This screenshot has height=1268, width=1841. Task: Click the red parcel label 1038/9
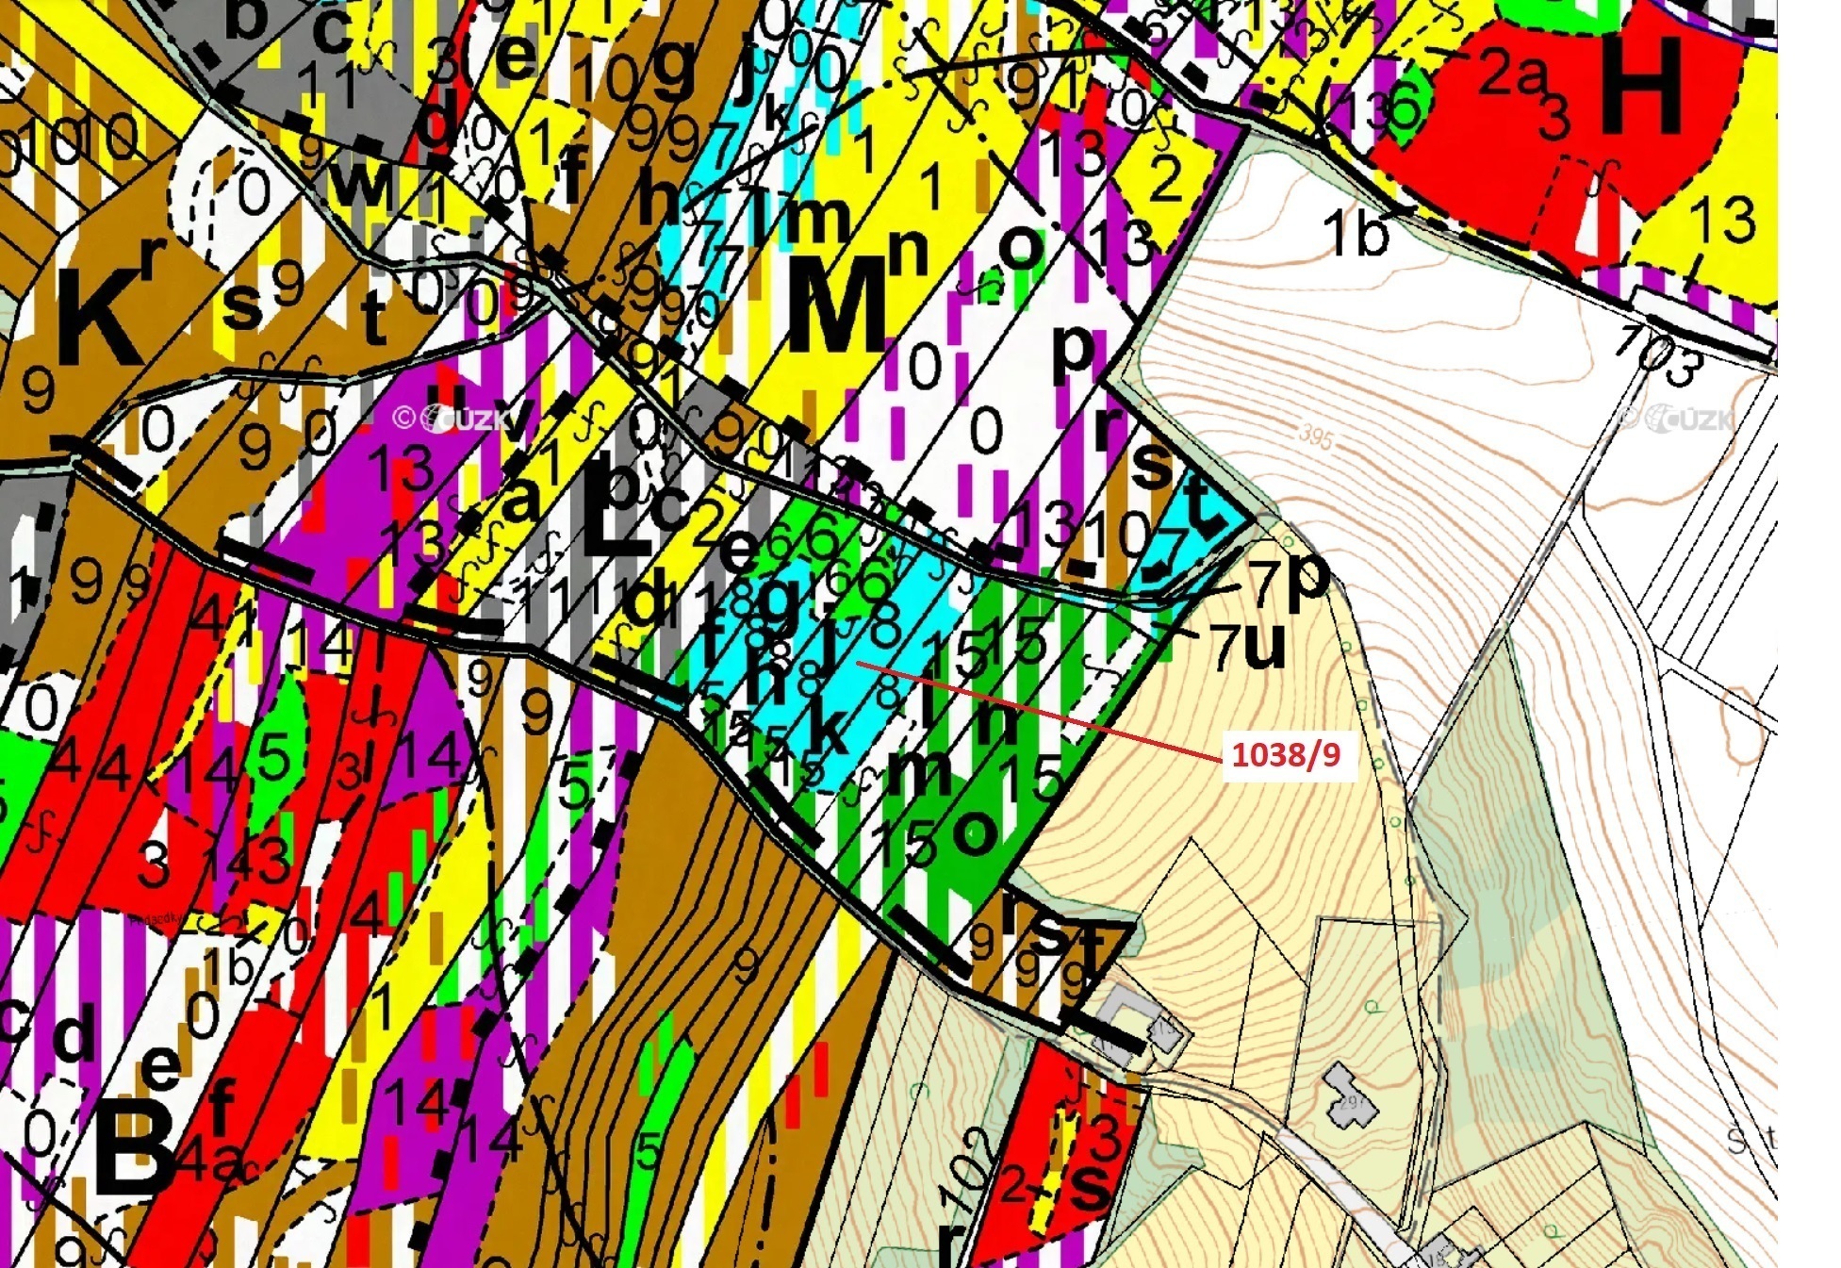(1287, 755)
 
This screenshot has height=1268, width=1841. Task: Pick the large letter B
(132, 1147)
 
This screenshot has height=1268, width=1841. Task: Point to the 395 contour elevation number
(1316, 436)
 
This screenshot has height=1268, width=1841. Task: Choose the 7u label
(1250, 647)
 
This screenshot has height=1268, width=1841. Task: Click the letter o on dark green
(975, 831)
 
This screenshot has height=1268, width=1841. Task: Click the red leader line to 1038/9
(1037, 709)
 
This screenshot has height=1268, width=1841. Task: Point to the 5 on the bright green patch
(273, 756)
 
